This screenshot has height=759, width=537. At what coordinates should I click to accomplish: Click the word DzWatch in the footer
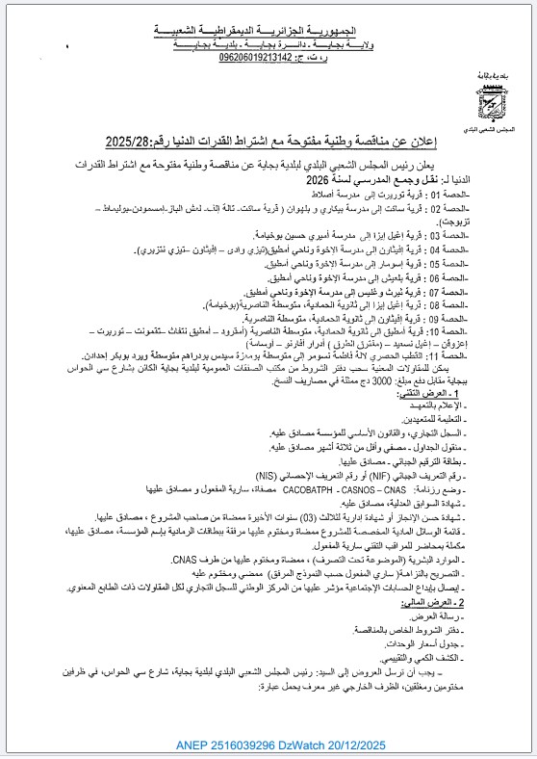point(291,745)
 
